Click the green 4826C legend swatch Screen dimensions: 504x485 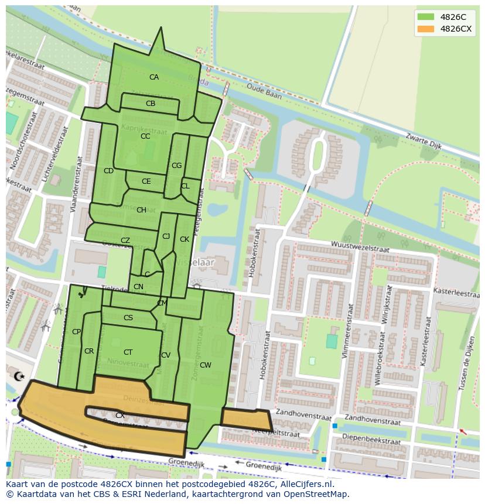(426, 17)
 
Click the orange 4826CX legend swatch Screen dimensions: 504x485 (426, 29)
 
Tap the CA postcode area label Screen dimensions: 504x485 (153, 77)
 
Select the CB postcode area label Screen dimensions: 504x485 (151, 104)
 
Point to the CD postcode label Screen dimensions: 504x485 (108, 171)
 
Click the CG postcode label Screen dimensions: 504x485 (176, 166)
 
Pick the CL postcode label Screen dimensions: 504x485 (185, 186)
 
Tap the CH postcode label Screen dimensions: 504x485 (141, 210)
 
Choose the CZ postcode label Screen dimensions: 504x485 (125, 241)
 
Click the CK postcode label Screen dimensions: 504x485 (185, 239)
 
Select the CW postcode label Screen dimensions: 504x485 (205, 365)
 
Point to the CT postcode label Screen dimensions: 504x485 (128, 352)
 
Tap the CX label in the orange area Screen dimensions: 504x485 (119, 416)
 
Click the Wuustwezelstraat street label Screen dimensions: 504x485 (360, 246)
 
